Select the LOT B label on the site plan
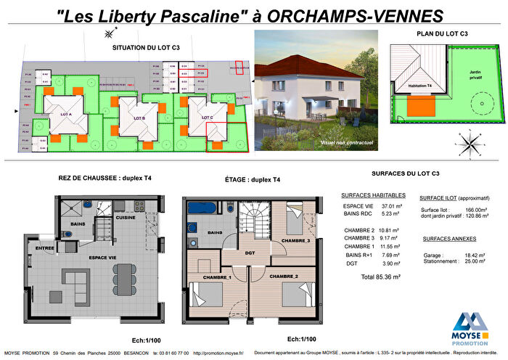139,118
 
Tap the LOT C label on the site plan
208,117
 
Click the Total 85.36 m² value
380,277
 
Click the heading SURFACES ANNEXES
448,238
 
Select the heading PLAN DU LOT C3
441,33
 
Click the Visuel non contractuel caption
346,143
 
